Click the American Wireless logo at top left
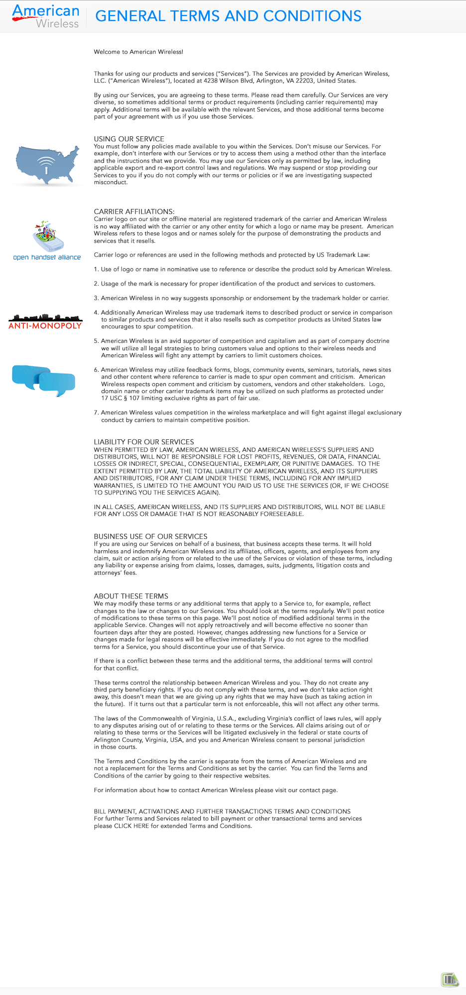[x=46, y=16]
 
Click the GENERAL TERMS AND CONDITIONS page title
[x=228, y=16]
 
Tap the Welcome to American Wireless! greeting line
[x=138, y=52]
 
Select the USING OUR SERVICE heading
[x=129, y=139]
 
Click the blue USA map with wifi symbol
[x=47, y=165]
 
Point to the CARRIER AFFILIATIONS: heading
[x=134, y=211]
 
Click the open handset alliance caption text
[x=47, y=257]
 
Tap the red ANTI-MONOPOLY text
[x=45, y=326]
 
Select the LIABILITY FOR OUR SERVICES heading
[x=144, y=442]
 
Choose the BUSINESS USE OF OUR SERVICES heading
[x=150, y=536]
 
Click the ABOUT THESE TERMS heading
[x=131, y=596]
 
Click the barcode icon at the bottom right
[x=450, y=980]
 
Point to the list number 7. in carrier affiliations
[x=97, y=412]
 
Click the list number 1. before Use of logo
[x=97, y=269]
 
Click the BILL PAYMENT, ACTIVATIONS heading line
[x=222, y=811]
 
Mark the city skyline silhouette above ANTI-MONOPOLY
[x=45, y=317]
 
